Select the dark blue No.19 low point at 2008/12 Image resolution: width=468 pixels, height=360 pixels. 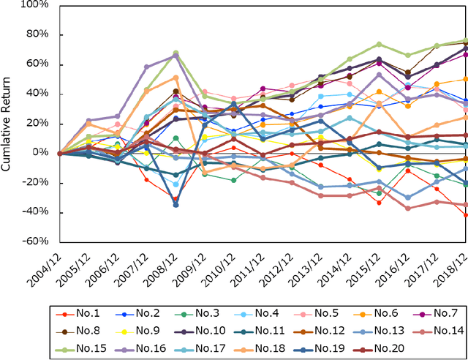coord(176,205)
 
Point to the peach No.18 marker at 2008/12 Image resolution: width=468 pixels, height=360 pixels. coord(176,77)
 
